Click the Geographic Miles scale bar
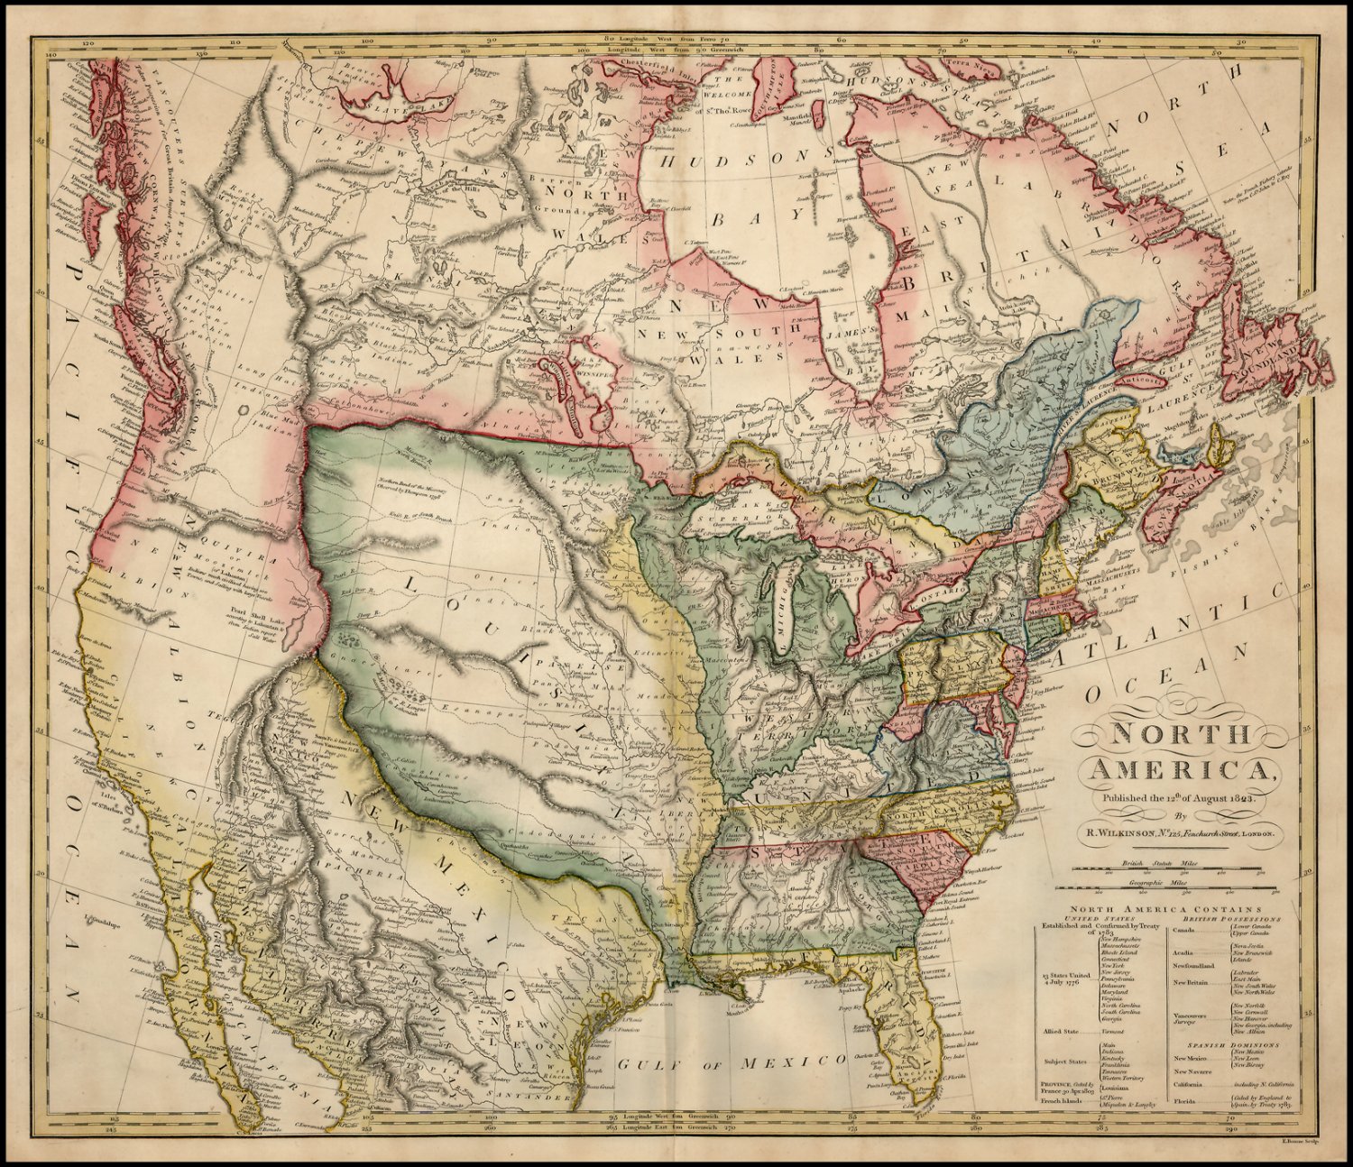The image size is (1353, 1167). click(x=1173, y=888)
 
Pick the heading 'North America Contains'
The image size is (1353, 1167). click(x=1172, y=910)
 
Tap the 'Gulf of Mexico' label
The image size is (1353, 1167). click(x=732, y=1064)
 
